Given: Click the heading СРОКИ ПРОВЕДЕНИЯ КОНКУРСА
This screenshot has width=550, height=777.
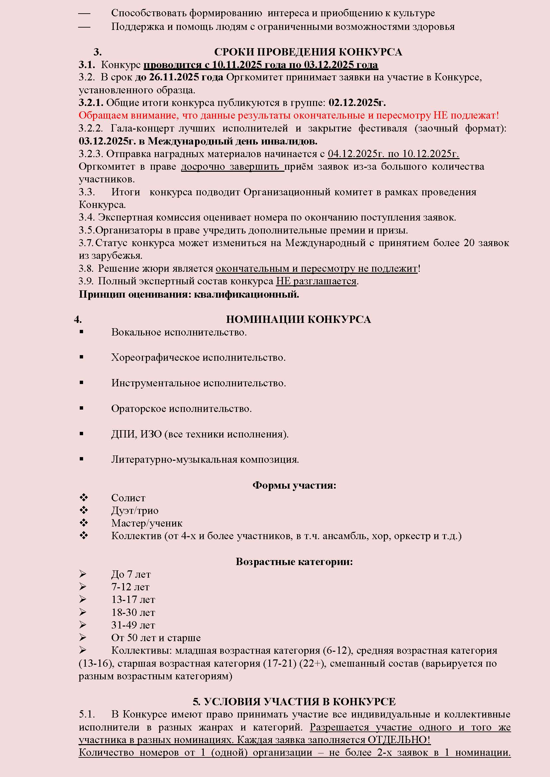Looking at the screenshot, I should point(308,52).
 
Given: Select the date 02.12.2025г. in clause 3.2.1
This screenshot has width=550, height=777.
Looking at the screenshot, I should point(357,103).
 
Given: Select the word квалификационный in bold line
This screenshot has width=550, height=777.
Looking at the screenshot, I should point(247,294).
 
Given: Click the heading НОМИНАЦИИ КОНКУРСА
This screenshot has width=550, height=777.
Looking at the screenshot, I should point(298,319).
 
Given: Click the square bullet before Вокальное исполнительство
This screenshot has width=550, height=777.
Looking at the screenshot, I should point(82,332).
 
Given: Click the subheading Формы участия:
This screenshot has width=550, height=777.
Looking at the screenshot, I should point(294,485).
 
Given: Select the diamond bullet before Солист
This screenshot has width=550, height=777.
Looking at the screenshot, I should point(84,497).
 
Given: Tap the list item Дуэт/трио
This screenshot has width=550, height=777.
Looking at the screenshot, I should point(135,511).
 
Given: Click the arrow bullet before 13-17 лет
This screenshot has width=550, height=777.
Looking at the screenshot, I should point(83,599).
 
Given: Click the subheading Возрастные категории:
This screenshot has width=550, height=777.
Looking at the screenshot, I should point(294,561).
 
